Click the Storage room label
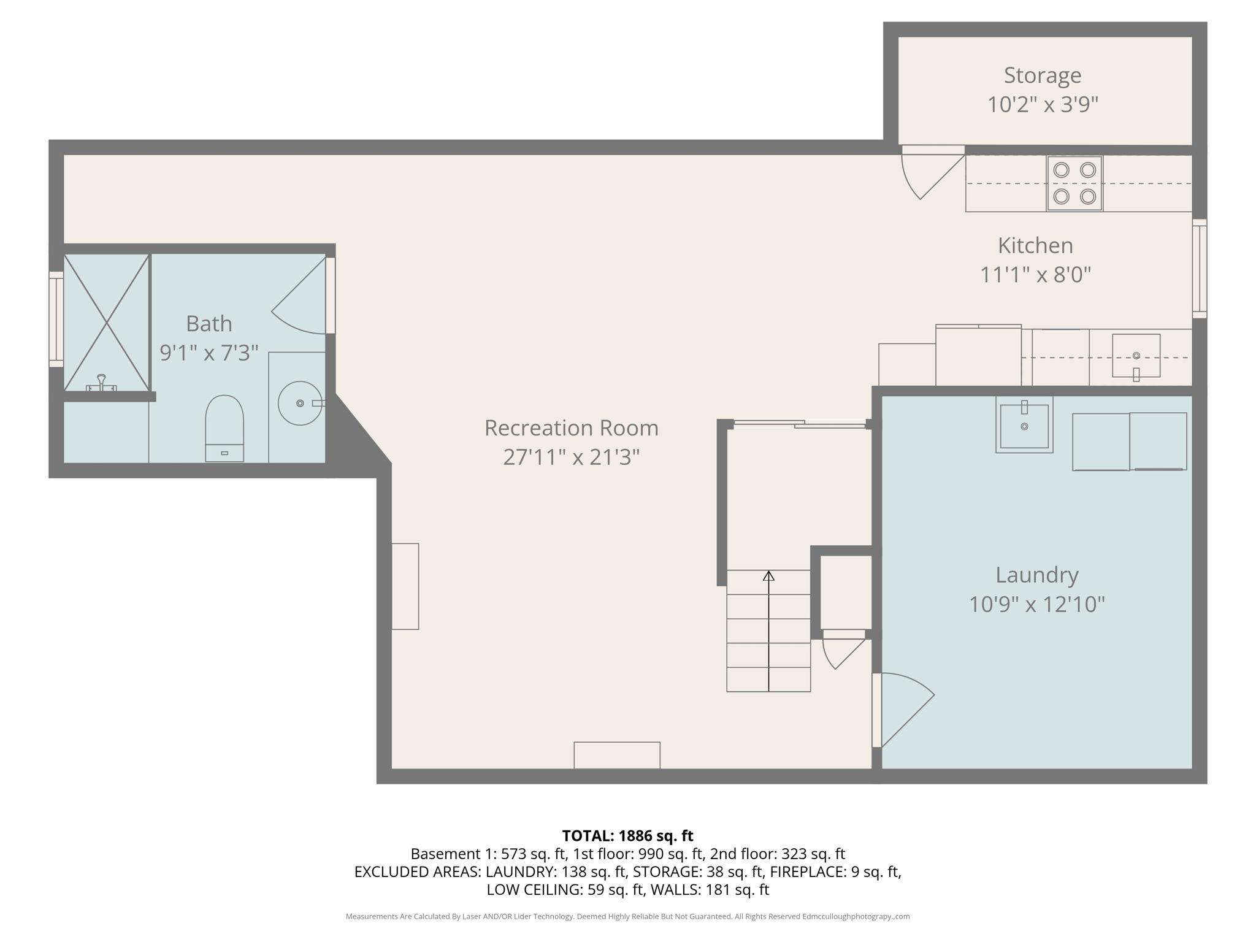1042,75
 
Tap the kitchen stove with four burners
1074,183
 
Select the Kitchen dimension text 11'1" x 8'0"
1035,274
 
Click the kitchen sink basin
1136,356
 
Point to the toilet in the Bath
224,427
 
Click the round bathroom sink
299,403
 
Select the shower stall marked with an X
107,322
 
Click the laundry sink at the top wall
1024,425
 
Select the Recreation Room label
571,428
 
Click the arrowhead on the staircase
768,576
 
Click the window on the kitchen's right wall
1199,269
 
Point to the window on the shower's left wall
56,319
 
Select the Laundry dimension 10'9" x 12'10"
1036,604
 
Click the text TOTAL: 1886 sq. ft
627,836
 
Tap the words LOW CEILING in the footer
532,889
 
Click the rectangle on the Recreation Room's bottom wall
617,755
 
